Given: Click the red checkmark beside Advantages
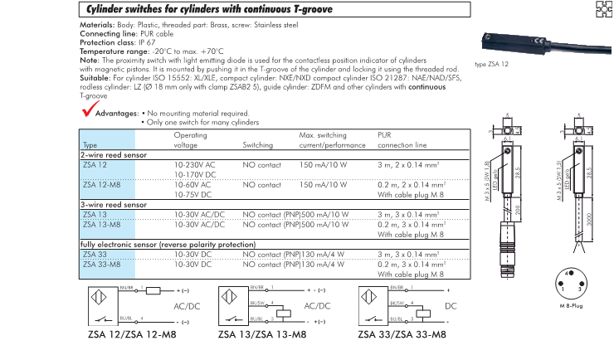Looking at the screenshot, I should [89, 108].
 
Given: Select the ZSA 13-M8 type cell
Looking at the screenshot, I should [101, 224].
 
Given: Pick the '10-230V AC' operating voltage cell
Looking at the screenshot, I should [194, 165].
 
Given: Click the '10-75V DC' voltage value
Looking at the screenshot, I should [192, 194].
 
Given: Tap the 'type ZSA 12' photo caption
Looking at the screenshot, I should [492, 64].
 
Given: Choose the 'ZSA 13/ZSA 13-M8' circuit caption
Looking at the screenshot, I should [262, 336].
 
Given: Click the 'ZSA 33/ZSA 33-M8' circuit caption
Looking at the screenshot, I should [402, 336].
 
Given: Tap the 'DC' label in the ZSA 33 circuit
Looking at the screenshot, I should [451, 305].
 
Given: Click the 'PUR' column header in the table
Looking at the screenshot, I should [384, 134].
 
